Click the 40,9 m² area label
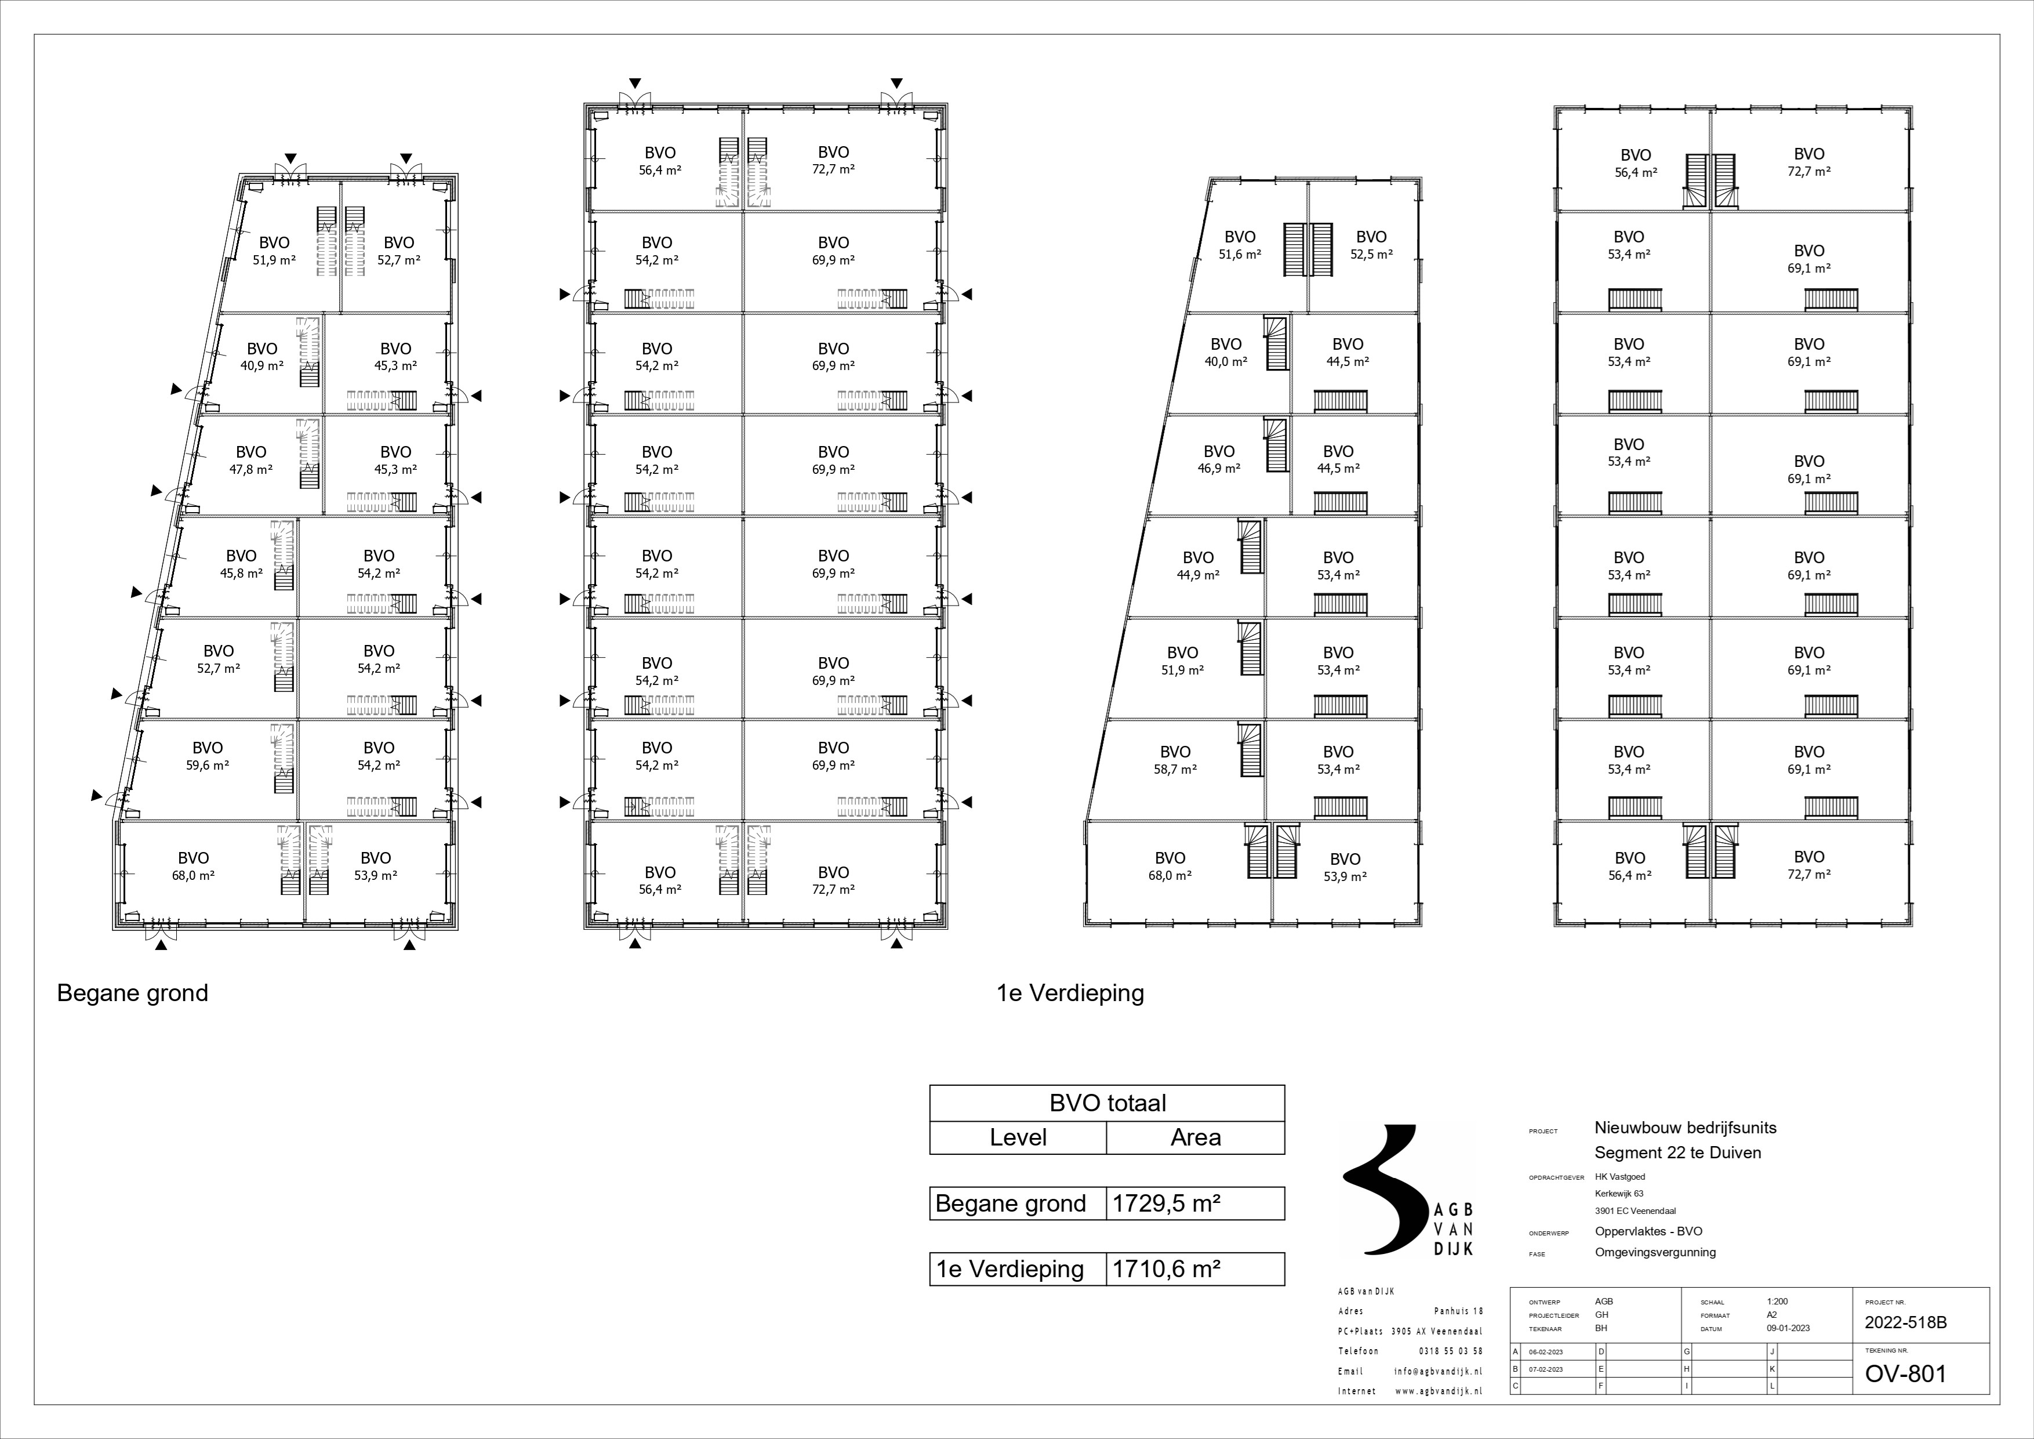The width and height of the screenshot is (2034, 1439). click(262, 365)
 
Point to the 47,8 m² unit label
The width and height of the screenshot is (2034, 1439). click(250, 470)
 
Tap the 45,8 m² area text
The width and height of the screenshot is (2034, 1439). click(241, 573)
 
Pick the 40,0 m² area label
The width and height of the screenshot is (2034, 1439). click(1226, 361)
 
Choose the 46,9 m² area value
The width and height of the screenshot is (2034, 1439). click(1219, 469)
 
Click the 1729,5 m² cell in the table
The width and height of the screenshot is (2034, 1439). click(1167, 1204)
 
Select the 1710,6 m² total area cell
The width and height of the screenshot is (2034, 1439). click(1167, 1269)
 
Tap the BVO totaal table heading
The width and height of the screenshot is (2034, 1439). click(1107, 1103)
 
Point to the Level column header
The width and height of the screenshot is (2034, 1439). click(1018, 1138)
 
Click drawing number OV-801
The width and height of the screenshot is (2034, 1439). click(1905, 1374)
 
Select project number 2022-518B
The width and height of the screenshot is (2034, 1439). click(1905, 1324)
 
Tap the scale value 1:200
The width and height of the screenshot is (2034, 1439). click(1778, 1302)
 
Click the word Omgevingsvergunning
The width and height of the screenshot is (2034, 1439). click(1655, 1252)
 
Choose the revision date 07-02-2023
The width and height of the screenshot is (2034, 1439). click(1545, 1369)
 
